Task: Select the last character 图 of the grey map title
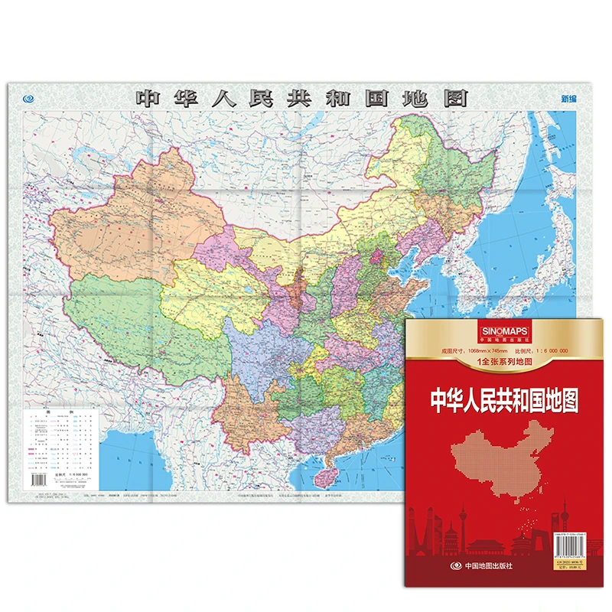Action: [x=457, y=99]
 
